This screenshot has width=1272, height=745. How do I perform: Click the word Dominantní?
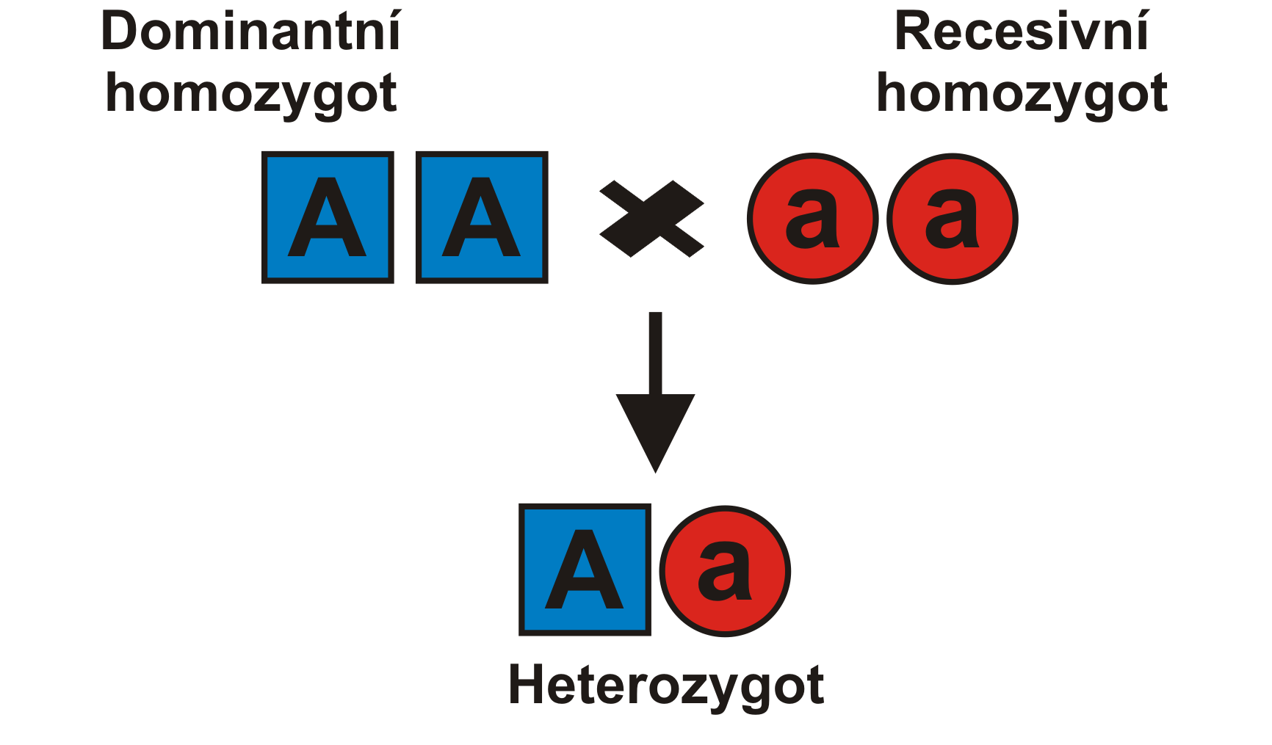tap(251, 33)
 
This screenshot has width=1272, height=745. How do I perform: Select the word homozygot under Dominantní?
tap(251, 94)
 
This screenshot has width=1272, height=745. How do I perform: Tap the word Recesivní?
tap(1021, 33)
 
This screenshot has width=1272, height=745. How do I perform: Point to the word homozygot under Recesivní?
tap(1022, 94)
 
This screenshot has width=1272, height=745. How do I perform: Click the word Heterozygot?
tap(666, 686)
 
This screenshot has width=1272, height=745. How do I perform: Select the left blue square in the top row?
tap(328, 217)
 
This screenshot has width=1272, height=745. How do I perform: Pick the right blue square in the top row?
tap(482, 217)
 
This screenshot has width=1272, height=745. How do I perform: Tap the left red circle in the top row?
tap(812, 219)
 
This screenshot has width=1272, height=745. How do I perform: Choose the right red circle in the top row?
tap(952, 219)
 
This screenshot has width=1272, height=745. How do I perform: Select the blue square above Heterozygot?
tap(585, 570)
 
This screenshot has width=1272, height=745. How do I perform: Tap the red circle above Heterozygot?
tap(725, 571)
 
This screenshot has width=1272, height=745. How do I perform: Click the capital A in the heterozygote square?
tap(585, 570)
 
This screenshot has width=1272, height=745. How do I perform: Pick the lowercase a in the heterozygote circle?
tap(724, 571)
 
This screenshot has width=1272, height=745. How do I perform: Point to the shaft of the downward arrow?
tap(655, 352)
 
